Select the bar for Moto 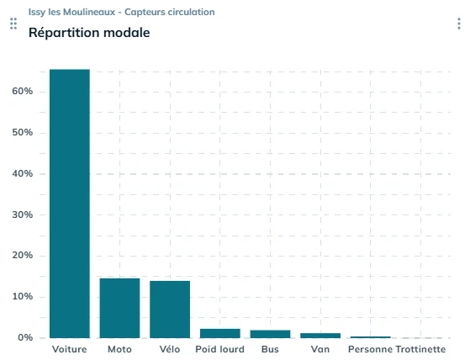[119, 308]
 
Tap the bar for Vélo [170, 309]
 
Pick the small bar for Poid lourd [219, 333]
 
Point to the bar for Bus [270, 334]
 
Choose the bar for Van [320, 336]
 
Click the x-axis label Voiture [69, 348]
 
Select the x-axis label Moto [119, 348]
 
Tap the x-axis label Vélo [170, 348]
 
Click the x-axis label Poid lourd [219, 348]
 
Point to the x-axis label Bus [270, 348]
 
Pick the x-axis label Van [320, 348]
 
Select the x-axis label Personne [370, 348]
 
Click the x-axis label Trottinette [420, 348]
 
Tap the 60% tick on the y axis [22, 91]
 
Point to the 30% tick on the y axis [22, 214]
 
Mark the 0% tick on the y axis [24, 338]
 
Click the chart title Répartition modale [89, 33]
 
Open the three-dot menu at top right [458, 24]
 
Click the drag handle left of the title [13, 24]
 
